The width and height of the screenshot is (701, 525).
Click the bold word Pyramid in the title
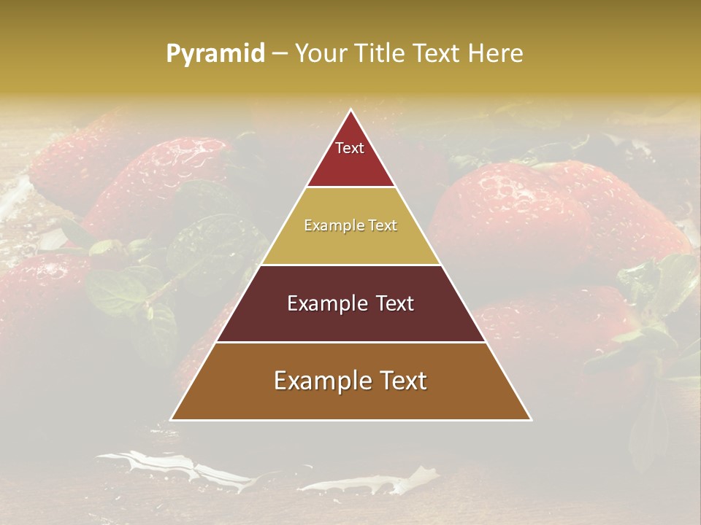(215, 53)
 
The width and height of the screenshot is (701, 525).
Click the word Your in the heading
(318, 53)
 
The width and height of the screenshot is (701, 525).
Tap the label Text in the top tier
(350, 148)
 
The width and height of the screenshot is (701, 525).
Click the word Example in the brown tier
(319, 381)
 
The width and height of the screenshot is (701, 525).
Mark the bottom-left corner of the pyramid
(172, 419)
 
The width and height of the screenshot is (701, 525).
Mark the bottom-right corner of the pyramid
(531, 419)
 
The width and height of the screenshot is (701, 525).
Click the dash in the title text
(279, 54)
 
